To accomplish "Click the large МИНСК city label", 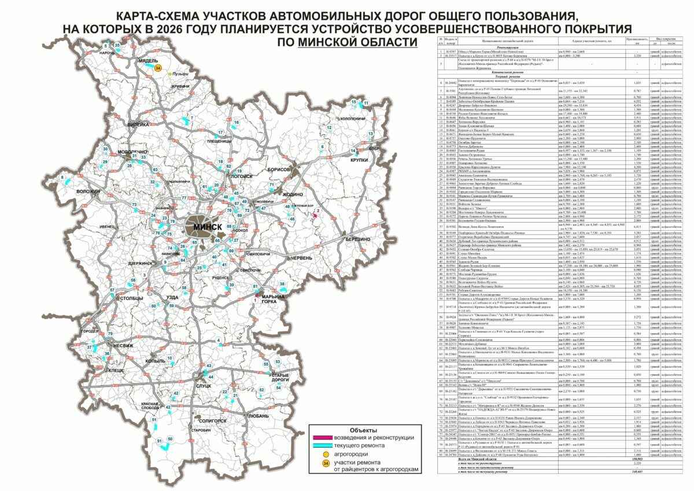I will pyautogui.click(x=207, y=227).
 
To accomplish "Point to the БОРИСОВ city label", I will pyautogui.click(x=281, y=170).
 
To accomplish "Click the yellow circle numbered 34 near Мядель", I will pyautogui.click(x=158, y=68).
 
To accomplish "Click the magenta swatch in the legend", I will pyautogui.click(x=328, y=438).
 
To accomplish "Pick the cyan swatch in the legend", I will pyautogui.click(x=328, y=446).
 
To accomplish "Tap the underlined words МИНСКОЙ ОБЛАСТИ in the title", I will pyautogui.click(x=357, y=42).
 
